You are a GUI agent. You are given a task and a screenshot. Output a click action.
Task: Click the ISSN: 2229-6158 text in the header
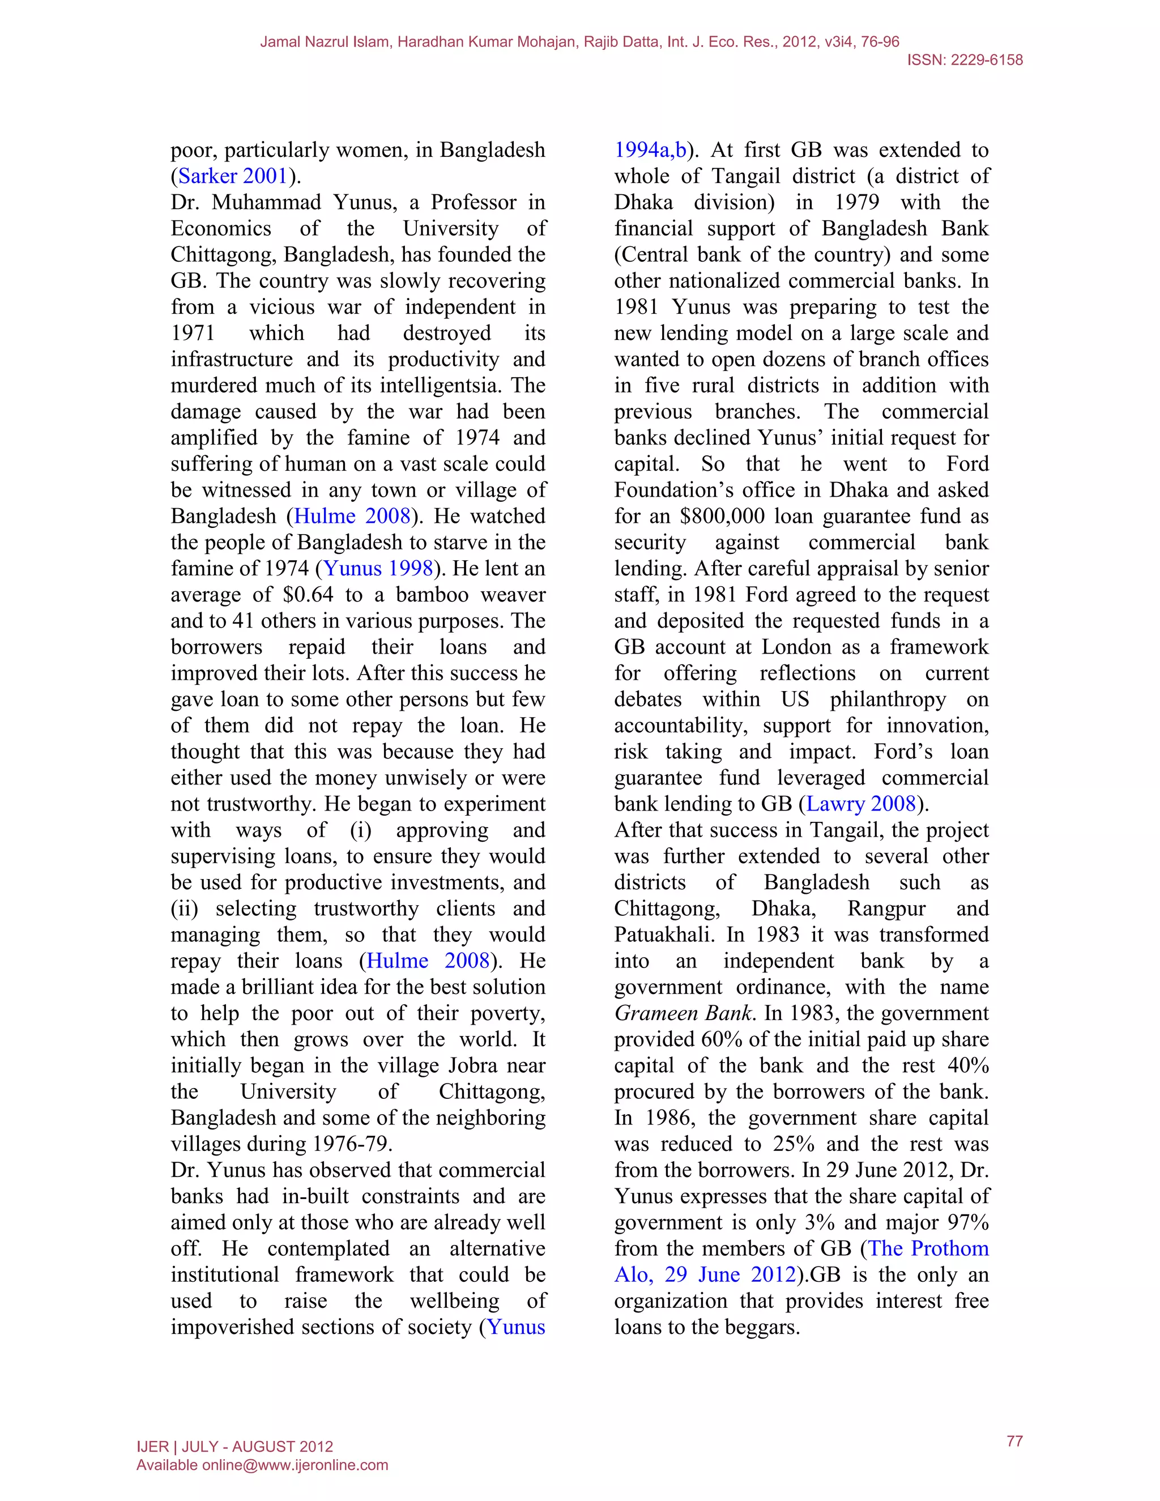tap(964, 61)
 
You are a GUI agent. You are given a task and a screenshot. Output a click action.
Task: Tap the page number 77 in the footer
tap(1014, 1441)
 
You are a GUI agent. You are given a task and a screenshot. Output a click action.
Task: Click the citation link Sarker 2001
tap(232, 177)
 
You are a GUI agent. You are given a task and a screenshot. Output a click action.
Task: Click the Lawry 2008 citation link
tap(861, 804)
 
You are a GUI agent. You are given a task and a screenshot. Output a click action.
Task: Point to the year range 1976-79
tap(352, 1144)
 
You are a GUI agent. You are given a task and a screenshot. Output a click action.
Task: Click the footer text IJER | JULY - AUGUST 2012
tap(235, 1447)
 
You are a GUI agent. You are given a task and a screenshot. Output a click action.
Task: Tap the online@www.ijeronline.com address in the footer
tap(295, 1465)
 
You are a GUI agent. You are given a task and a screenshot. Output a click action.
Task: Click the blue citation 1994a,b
tap(650, 151)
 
